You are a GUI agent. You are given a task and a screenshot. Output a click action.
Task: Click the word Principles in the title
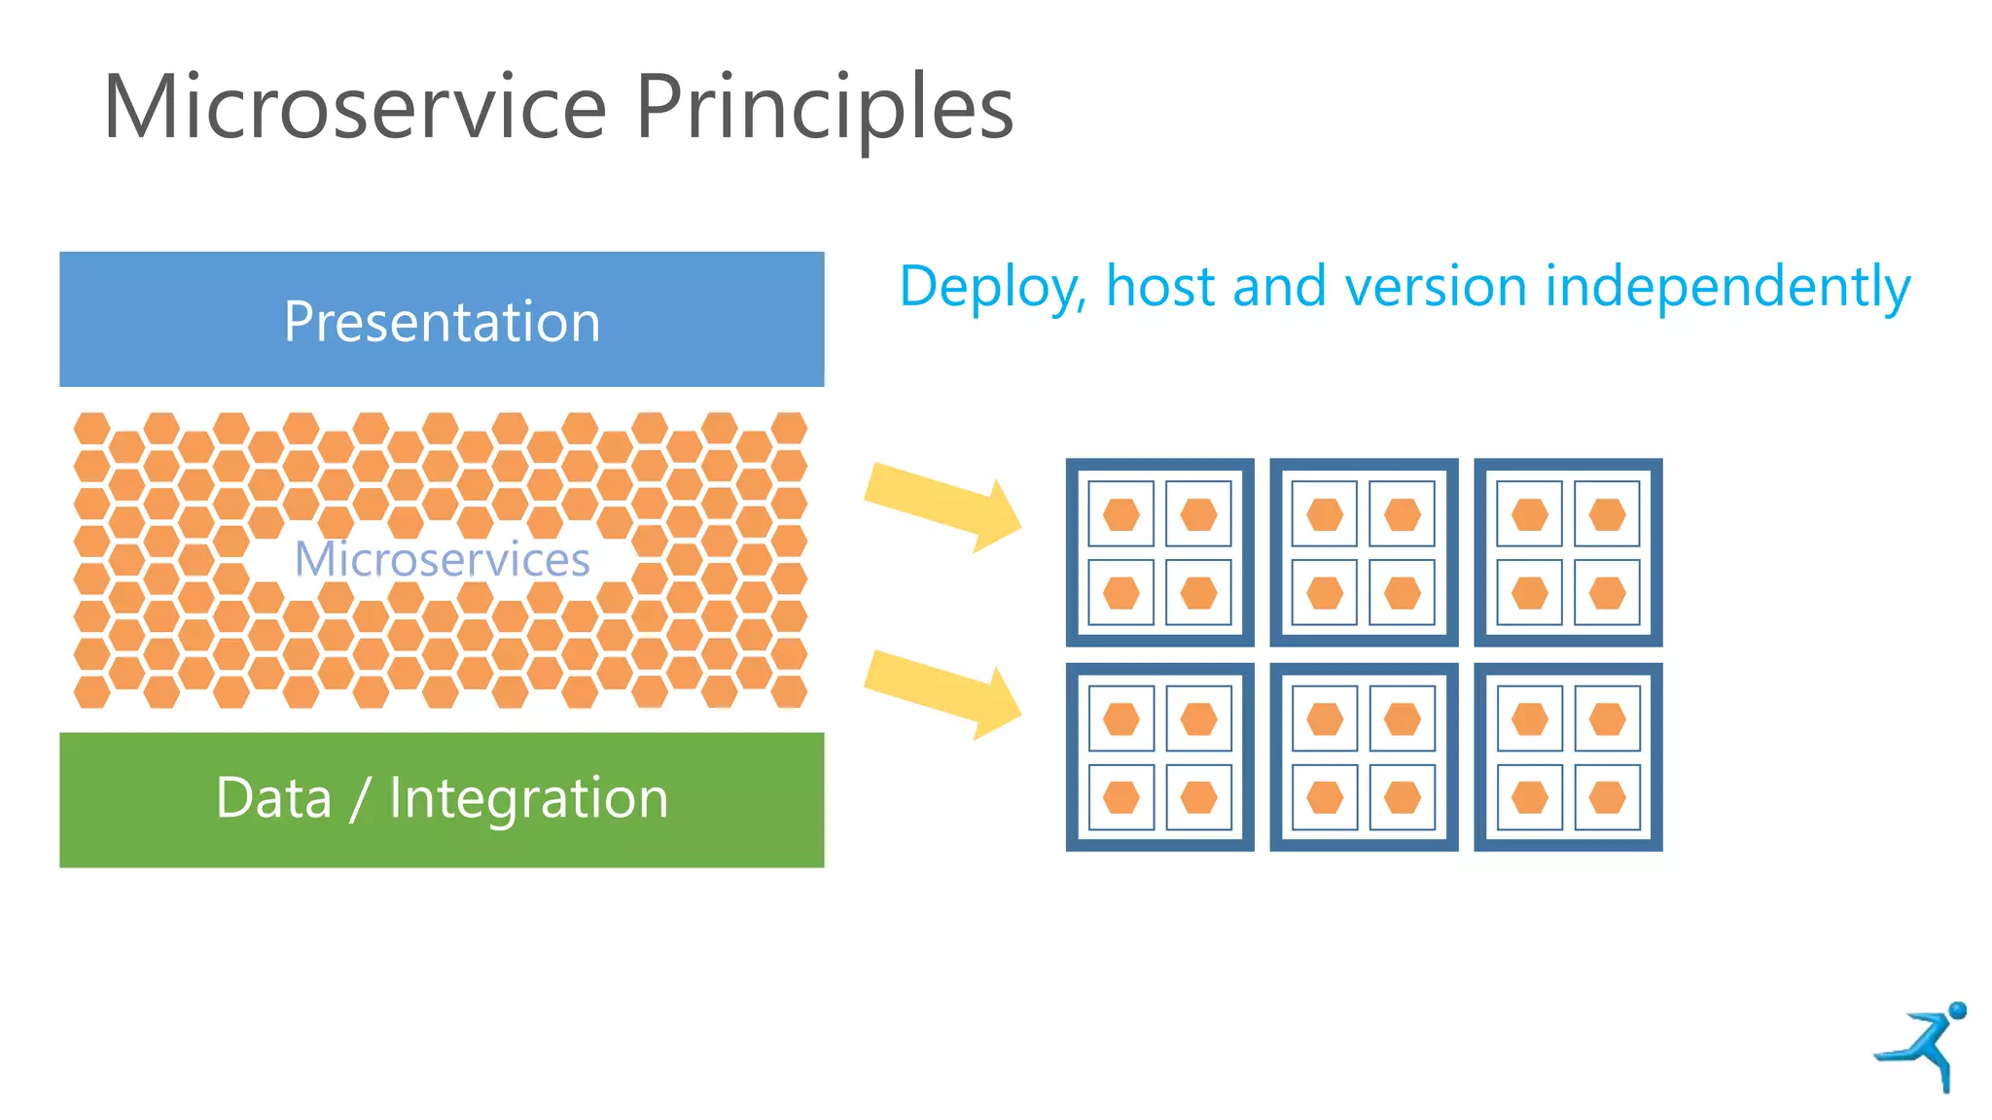tap(825, 109)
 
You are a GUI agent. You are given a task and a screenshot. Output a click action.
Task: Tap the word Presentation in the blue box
tap(442, 322)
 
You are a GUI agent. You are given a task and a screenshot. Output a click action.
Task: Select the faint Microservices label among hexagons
tap(442, 559)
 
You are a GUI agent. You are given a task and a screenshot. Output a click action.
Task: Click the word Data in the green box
tap(273, 798)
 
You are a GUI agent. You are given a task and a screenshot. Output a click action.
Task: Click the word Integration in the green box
tap(528, 800)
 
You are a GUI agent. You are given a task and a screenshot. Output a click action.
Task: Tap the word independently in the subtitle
tap(1727, 288)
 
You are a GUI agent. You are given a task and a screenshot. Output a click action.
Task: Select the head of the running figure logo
tap(1958, 1010)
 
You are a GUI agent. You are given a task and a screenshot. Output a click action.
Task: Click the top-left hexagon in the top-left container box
tap(1120, 514)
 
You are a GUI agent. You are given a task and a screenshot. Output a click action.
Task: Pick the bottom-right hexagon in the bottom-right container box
tap(1607, 798)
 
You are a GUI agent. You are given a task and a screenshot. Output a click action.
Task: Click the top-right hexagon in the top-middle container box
tap(1402, 514)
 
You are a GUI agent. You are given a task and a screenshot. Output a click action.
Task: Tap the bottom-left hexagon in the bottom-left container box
tap(1120, 798)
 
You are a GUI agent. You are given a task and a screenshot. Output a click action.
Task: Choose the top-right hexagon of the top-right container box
tap(1607, 514)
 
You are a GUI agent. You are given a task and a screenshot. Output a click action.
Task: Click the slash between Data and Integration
tap(360, 800)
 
